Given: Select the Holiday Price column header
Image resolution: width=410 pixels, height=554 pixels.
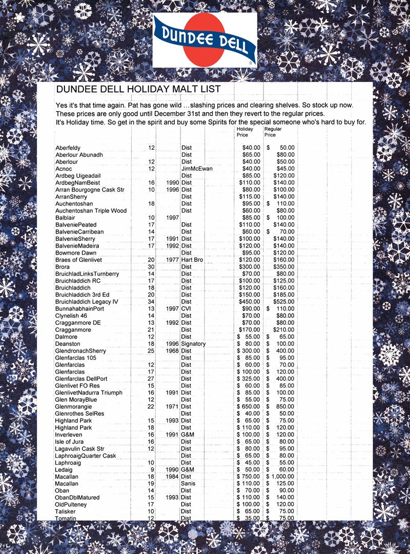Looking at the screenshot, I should pyautogui.click(x=244, y=132).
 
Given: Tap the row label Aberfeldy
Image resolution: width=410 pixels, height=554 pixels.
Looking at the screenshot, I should pyautogui.click(x=68, y=148).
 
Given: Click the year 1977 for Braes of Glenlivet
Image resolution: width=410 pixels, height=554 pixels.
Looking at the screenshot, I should pyautogui.click(x=173, y=260).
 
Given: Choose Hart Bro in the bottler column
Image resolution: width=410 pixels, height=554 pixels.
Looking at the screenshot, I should pyautogui.click(x=192, y=260).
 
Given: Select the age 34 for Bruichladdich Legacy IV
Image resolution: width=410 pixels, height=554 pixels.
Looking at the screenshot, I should pyautogui.click(x=151, y=302).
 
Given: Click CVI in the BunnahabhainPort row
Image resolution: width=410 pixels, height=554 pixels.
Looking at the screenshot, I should pyautogui.click(x=187, y=309).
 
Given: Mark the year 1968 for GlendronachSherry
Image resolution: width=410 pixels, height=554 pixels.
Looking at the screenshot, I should pyautogui.click(x=173, y=351).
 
